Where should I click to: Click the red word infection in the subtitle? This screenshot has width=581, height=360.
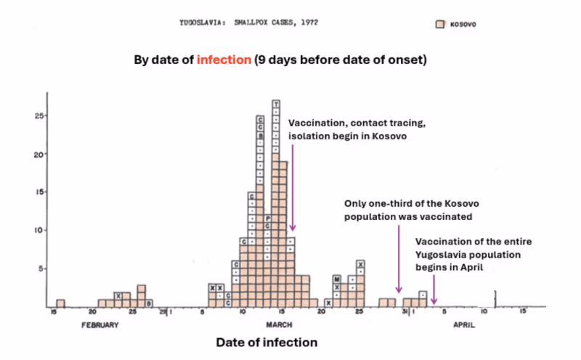click(x=223, y=60)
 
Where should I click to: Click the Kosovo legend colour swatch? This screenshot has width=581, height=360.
click(x=439, y=24)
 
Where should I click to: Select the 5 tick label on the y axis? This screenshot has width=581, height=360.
click(x=41, y=269)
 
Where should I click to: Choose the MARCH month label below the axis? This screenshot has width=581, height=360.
click(x=278, y=325)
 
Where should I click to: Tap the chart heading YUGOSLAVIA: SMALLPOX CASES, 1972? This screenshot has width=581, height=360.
click(x=248, y=23)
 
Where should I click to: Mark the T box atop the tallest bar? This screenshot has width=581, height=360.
click(x=276, y=105)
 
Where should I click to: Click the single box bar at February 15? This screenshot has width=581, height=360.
click(x=60, y=303)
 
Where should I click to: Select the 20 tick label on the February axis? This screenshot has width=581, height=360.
click(x=92, y=312)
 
